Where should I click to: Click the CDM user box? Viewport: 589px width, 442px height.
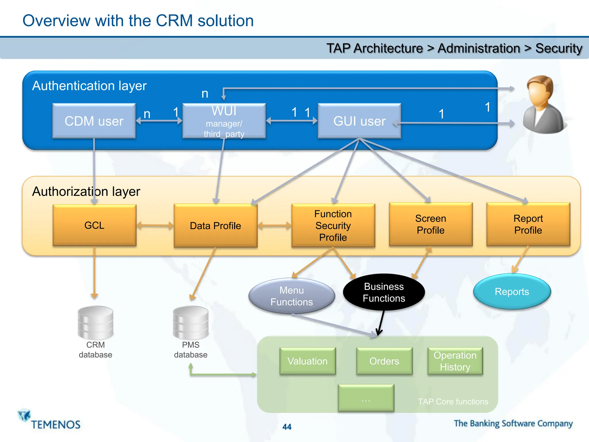(x=94, y=121)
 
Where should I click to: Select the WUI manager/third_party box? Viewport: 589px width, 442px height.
(x=224, y=121)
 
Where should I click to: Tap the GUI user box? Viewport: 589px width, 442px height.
(x=359, y=121)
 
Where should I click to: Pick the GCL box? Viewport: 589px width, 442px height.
(x=94, y=225)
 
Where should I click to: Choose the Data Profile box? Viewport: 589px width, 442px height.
(x=215, y=226)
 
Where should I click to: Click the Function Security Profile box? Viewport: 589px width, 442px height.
(x=333, y=226)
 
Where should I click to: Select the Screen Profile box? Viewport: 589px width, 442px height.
(x=431, y=224)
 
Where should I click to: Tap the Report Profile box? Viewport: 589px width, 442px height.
(x=528, y=224)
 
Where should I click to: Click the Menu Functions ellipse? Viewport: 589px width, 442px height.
(x=292, y=296)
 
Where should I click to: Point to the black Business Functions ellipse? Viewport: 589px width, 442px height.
(x=384, y=292)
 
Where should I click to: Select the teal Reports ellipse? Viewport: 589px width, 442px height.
(x=512, y=292)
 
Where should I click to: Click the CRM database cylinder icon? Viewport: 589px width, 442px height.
(x=95, y=323)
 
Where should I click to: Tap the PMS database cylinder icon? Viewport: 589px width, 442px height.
(x=191, y=323)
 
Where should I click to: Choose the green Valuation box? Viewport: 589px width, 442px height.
(x=307, y=361)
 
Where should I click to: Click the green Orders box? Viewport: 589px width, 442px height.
(x=384, y=361)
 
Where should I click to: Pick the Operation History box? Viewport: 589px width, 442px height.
(x=455, y=361)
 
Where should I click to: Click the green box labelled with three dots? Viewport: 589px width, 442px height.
(x=366, y=398)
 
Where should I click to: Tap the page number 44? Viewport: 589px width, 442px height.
(x=287, y=427)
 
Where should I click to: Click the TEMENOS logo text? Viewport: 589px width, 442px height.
(x=56, y=425)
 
